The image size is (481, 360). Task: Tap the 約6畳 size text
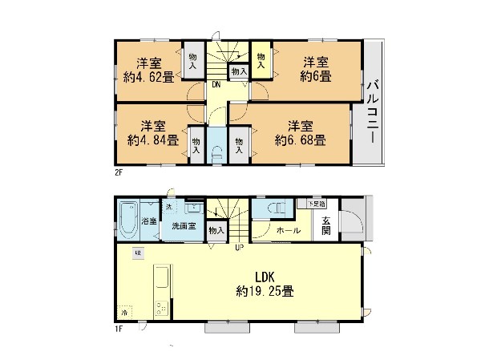pos(316,77)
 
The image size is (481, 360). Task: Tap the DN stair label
pos(216,87)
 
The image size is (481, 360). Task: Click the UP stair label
pos(239,247)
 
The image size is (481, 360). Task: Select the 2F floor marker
pos(118,172)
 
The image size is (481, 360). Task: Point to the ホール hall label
pos(289,231)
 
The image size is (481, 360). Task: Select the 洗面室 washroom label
pos(184,226)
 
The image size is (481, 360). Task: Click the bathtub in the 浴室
pos(128,220)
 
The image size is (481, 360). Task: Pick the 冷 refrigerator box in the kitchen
pos(125,311)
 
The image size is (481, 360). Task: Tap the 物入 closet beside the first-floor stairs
pos(216,231)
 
